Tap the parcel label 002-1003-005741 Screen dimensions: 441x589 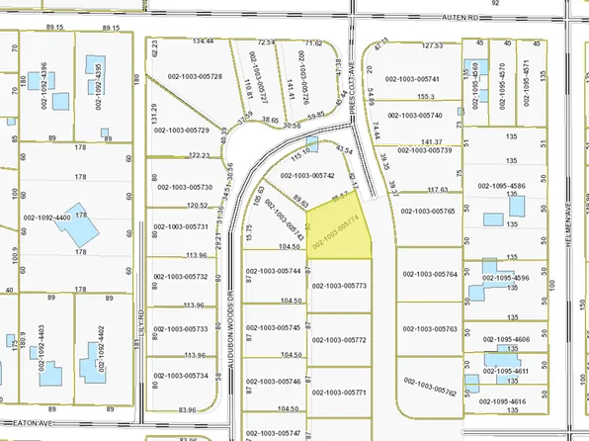(x=429, y=77)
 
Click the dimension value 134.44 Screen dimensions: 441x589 (x=203, y=42)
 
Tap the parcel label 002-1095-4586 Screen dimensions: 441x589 (x=508, y=185)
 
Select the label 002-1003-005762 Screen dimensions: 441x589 (x=430, y=386)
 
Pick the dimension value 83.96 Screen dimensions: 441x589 (x=188, y=409)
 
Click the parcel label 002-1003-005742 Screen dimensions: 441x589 (x=308, y=174)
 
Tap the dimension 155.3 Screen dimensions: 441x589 (x=426, y=96)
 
